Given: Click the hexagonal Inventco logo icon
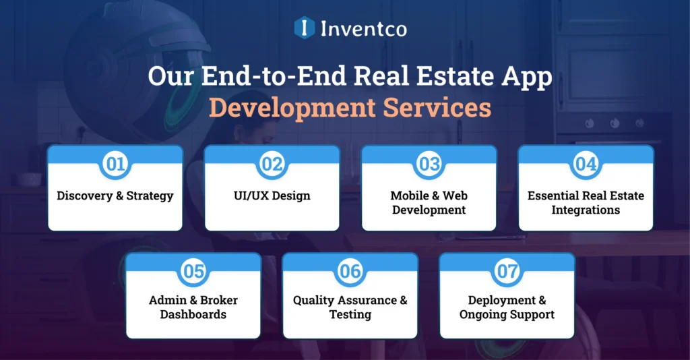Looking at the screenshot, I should (x=305, y=28).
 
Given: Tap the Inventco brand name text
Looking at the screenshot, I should (x=363, y=28).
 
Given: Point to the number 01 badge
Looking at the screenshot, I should (x=115, y=164).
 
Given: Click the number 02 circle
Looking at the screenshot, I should (x=272, y=164).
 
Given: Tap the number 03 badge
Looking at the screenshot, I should (x=429, y=164).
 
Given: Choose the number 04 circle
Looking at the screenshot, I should (x=586, y=164).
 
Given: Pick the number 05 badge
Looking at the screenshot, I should (x=193, y=271).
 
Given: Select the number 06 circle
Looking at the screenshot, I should (x=350, y=271).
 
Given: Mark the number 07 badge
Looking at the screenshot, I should (x=507, y=271).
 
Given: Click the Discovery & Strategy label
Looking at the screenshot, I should (x=115, y=196).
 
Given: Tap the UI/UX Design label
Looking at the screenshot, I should (x=272, y=196).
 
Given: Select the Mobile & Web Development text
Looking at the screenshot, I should (x=429, y=203).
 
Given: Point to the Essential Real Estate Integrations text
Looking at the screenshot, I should (x=586, y=203).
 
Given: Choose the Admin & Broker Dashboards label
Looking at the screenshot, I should (x=193, y=307).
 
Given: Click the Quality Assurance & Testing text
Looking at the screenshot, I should (x=350, y=307).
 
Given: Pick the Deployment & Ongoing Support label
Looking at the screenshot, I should (x=507, y=307).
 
